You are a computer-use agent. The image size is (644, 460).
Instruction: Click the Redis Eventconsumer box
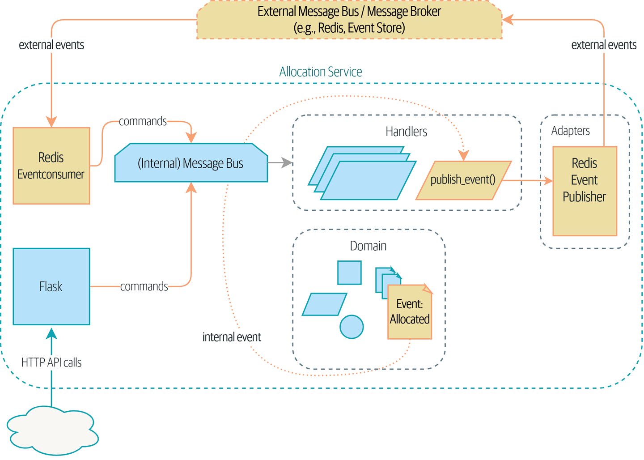(x=51, y=166)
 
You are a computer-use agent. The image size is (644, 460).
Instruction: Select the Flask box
(x=51, y=286)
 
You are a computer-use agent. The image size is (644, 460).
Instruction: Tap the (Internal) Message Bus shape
(x=191, y=163)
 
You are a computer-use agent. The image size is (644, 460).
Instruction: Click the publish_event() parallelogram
(x=463, y=180)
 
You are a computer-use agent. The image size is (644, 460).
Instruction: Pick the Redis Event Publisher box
(x=585, y=191)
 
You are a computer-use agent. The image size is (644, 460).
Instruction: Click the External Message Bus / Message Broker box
(x=349, y=20)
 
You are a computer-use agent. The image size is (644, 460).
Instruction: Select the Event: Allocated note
(x=410, y=312)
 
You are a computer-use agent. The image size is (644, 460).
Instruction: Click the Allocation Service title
(x=321, y=72)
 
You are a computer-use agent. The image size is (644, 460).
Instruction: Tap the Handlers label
(x=406, y=132)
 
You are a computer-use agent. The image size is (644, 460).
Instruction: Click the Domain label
(x=368, y=246)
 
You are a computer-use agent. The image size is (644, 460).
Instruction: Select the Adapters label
(x=570, y=131)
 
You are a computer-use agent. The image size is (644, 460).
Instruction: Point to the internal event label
(x=232, y=337)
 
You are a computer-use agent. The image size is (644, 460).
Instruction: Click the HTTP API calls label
(x=51, y=362)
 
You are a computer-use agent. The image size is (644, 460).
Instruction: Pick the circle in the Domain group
(x=352, y=327)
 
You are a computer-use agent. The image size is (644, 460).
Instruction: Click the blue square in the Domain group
(x=349, y=273)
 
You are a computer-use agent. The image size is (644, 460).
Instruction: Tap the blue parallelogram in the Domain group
(x=325, y=304)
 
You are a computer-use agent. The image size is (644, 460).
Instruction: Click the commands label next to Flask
(x=144, y=286)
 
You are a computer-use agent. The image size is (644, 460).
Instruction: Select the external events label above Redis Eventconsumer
(x=51, y=45)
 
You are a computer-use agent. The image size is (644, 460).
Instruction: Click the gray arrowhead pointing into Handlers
(x=288, y=162)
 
